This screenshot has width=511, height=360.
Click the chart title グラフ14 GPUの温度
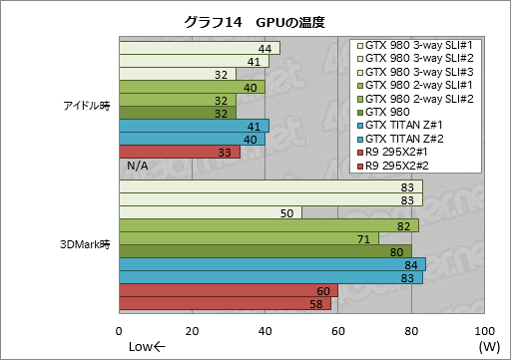[255, 21]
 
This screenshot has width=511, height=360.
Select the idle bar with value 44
[199, 48]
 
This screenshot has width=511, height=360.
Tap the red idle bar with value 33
[180, 152]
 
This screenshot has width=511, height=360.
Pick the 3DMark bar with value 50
[211, 212]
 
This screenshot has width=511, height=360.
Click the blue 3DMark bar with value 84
[272, 264]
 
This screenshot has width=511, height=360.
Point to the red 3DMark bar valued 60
[229, 290]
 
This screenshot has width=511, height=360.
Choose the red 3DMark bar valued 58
[225, 303]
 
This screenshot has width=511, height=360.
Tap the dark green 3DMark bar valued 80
[265, 251]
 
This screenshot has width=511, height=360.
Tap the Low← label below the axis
[147, 347]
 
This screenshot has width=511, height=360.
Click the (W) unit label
[488, 347]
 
